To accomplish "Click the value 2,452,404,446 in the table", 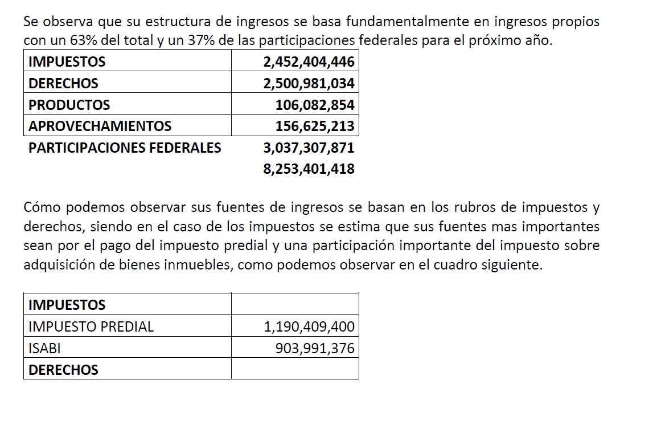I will [x=309, y=62].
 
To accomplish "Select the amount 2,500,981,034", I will [x=309, y=84].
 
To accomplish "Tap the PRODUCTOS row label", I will [x=69, y=105].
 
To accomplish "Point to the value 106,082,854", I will [x=314, y=105].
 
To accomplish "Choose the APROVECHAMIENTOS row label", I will [x=100, y=126].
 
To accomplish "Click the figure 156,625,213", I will [x=314, y=126].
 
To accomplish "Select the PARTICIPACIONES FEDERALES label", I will [x=125, y=148].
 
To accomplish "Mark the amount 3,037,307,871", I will [x=309, y=148].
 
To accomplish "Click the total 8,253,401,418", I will [x=309, y=169].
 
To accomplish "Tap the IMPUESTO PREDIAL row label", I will [x=91, y=327].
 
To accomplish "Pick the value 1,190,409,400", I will [x=309, y=327].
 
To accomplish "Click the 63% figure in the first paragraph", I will [x=83, y=42].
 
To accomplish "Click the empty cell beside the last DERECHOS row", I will [x=295, y=370].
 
